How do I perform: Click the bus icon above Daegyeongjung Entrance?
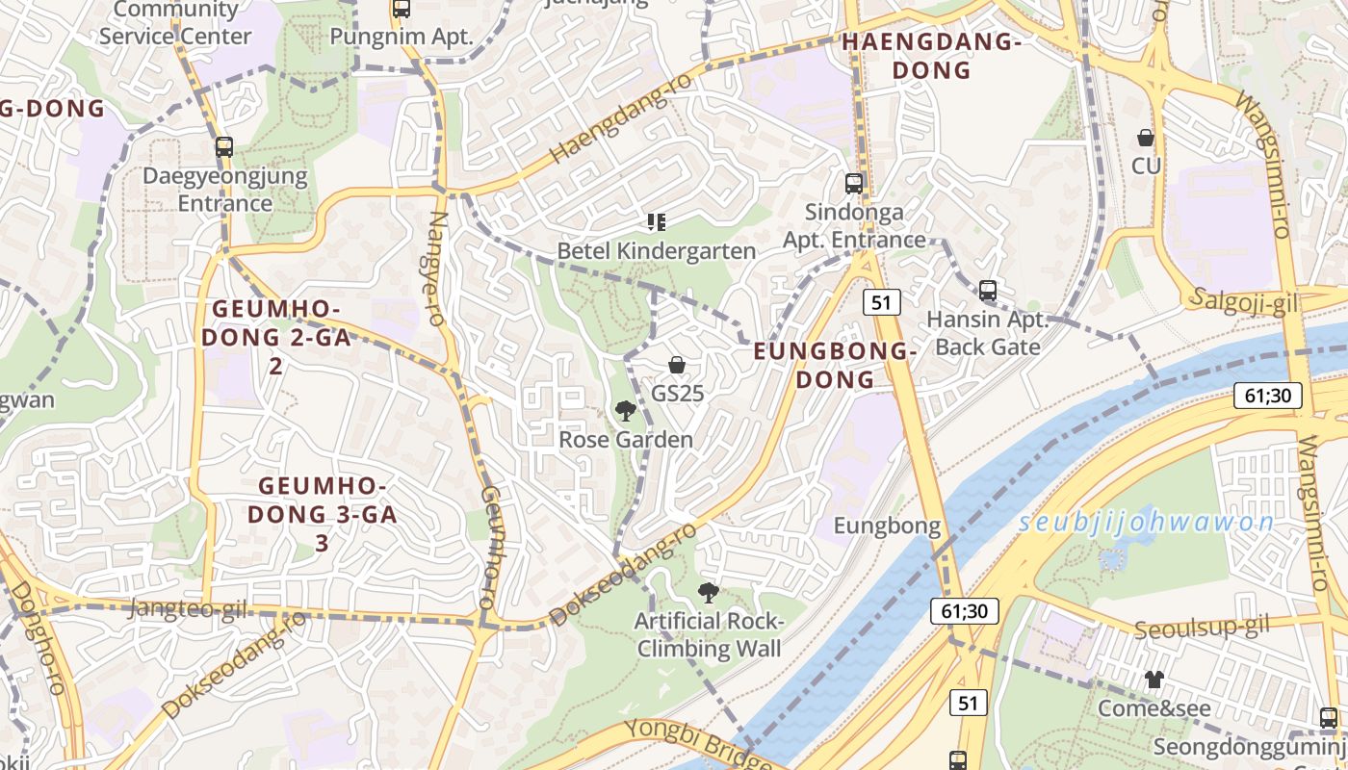pos(224,147)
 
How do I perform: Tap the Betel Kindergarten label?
pos(657,251)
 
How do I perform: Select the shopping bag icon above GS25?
pos(677,366)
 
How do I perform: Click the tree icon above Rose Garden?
pos(625,411)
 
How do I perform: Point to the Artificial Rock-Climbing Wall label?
pos(709,635)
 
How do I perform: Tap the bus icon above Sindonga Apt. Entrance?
pos(853,183)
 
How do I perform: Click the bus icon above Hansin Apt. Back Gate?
pos(987,290)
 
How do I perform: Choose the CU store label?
pos(1146,166)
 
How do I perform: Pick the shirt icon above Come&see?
pos(1154,680)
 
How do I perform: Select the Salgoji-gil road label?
pos(1244,301)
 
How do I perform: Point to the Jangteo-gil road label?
pos(188,608)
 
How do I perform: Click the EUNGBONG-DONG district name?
pos(834,365)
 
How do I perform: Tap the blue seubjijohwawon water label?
pos(1146,524)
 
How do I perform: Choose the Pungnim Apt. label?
pos(402,37)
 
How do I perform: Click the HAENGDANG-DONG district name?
pos(931,56)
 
